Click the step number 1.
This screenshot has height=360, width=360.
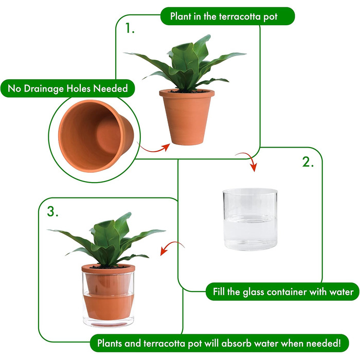tap(130, 28)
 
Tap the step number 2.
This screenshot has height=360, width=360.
tap(308, 162)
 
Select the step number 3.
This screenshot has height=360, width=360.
tap(52, 211)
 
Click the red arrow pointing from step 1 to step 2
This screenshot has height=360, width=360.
tap(249, 158)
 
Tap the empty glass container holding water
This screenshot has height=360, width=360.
tap(250, 219)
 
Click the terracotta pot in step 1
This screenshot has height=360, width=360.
tap(187, 117)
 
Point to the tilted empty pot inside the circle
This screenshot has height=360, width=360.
tap(96, 136)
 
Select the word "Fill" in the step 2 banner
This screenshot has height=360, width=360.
tap(219, 292)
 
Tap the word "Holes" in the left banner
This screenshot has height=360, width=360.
tap(79, 88)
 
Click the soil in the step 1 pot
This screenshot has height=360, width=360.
tap(187, 92)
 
